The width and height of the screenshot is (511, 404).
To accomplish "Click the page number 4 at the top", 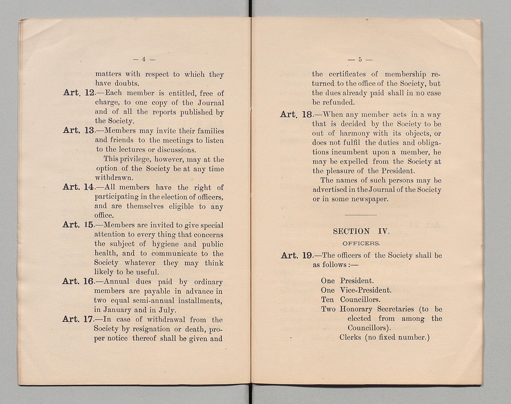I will tap(144, 59).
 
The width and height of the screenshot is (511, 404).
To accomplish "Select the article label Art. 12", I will tap(79, 93).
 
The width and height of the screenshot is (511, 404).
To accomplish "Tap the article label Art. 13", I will tap(79, 131).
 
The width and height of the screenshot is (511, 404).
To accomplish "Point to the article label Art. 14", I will tap(79, 187).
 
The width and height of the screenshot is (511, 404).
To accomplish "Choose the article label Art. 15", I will tap(79, 225).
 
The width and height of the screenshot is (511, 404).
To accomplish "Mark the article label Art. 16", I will tap(78, 281).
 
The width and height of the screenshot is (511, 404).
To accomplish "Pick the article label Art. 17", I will tap(78, 319).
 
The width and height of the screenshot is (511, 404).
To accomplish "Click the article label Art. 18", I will tap(296, 115).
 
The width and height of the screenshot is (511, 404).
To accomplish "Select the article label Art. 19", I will tap(296, 255).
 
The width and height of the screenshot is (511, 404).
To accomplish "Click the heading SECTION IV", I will tap(361, 231).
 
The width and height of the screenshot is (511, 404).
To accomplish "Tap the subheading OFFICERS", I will tap(361, 244).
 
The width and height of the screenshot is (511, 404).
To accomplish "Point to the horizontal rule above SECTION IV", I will tap(361, 214).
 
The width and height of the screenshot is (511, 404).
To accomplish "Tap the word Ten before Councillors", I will tap(328, 300).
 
